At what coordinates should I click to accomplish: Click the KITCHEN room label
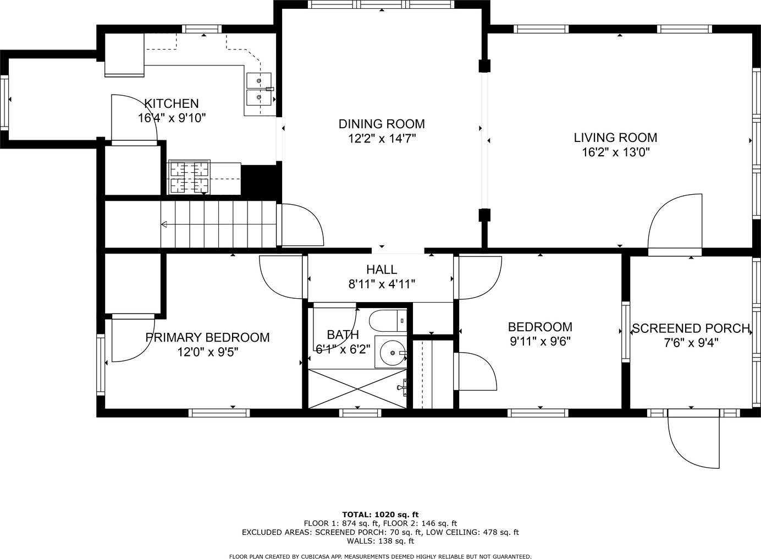pyautogui.click(x=172, y=103)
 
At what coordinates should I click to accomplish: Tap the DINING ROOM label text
pyautogui.click(x=382, y=124)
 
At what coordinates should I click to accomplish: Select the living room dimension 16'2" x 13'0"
pyautogui.click(x=616, y=152)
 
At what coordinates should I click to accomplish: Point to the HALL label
pyautogui.click(x=382, y=270)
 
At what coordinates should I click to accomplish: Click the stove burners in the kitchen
pyautogui.click(x=189, y=178)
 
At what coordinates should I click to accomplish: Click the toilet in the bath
pyautogui.click(x=388, y=320)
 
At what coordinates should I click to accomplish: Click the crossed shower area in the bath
pyautogui.click(x=357, y=388)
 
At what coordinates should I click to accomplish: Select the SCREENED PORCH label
pyautogui.click(x=691, y=328)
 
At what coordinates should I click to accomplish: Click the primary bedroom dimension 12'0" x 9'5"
pyautogui.click(x=208, y=352)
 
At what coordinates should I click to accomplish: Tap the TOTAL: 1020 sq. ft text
pyautogui.click(x=380, y=514)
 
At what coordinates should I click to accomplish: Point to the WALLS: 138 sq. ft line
pyautogui.click(x=380, y=541)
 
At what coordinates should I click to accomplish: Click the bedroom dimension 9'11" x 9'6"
pyautogui.click(x=540, y=341)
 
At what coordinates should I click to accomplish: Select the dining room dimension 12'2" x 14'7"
pyautogui.click(x=382, y=139)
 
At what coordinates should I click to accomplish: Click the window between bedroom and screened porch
pyautogui.click(x=625, y=331)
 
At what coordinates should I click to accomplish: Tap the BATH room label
pyautogui.click(x=343, y=335)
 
